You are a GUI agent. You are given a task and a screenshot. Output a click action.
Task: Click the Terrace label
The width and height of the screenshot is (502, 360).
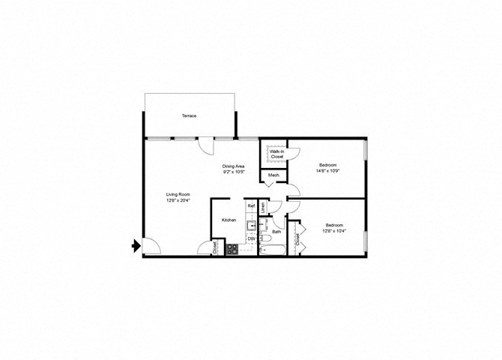[x=188, y=116]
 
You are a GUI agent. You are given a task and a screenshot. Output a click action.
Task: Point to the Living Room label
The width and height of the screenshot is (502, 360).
[x=178, y=194]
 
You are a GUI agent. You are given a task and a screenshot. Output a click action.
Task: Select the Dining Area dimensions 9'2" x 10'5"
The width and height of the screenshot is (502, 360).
[x=234, y=172]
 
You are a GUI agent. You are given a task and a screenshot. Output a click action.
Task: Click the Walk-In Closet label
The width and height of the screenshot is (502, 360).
[x=276, y=154]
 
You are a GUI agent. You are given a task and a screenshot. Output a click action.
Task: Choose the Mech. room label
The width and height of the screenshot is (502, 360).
[x=273, y=176]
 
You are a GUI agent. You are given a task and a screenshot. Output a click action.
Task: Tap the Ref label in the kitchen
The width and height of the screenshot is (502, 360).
[x=252, y=205]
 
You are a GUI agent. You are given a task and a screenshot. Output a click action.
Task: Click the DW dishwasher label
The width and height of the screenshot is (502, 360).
[x=252, y=238]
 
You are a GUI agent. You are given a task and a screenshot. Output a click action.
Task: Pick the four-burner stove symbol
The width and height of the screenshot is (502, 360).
[x=232, y=250]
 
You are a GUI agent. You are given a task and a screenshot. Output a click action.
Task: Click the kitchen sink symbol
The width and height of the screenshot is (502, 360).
[x=252, y=223]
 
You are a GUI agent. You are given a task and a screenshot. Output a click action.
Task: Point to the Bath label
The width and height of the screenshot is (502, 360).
[x=276, y=232]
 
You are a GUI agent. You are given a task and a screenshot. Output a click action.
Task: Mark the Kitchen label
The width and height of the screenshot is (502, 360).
[x=229, y=220]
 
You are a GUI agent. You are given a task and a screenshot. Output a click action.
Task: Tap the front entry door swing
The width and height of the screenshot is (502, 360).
[x=150, y=245]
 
